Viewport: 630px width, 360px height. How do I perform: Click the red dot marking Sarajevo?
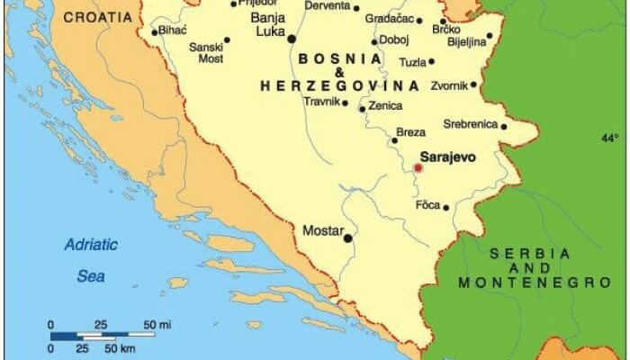tap(418, 167)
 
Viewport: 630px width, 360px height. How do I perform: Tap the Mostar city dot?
tap(348, 238)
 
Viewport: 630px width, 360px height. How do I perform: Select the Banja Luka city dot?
tap(291, 38)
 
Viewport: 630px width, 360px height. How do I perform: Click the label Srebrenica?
tap(471, 124)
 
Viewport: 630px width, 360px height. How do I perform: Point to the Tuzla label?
tap(412, 62)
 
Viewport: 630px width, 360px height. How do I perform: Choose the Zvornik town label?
tap(447, 85)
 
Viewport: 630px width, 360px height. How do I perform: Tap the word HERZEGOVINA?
tap(339, 85)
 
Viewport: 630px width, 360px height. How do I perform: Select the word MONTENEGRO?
tap(535, 283)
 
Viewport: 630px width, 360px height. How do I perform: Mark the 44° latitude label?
tap(610, 138)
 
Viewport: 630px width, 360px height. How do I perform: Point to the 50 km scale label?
tap(122, 347)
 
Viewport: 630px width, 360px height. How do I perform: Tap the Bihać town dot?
tap(155, 32)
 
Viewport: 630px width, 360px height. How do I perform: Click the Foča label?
tap(427, 205)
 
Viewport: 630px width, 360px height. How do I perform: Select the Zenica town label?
tap(385, 105)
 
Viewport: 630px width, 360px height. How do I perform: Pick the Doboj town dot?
tap(374, 40)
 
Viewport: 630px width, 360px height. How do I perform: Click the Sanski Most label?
tap(205, 51)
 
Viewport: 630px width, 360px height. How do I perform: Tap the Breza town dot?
tap(393, 140)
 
